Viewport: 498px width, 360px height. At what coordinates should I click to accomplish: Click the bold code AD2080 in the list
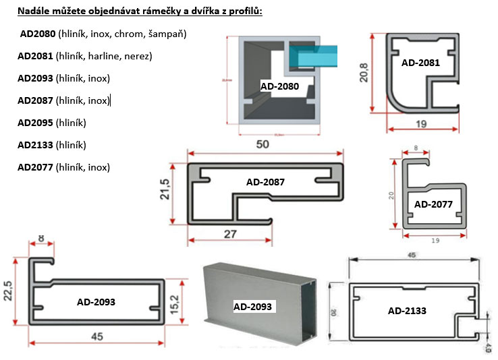click(x=38, y=34)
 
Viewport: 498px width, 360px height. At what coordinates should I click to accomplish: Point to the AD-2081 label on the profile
click(x=420, y=63)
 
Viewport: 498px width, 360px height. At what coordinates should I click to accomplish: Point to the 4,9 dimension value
click(x=490, y=347)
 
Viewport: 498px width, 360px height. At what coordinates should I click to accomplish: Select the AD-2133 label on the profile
click(x=408, y=311)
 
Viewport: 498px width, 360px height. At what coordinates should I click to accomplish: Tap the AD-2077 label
click(x=433, y=204)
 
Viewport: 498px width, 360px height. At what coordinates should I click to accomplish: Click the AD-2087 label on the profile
click(x=265, y=182)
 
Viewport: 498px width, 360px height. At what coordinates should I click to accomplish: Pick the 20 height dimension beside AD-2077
click(x=391, y=194)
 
